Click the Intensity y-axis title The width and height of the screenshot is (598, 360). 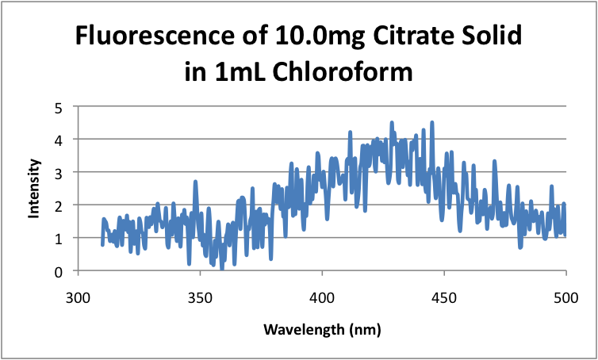tap(35, 189)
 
